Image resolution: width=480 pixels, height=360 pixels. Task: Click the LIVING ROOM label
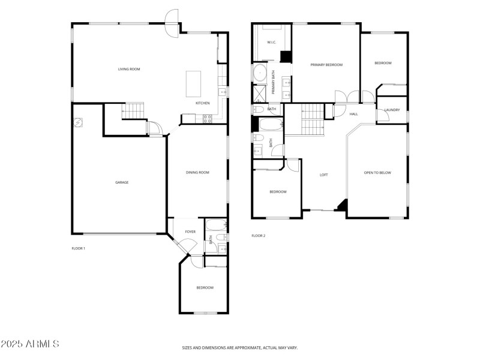[x=128, y=70]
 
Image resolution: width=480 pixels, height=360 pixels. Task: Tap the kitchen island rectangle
[x=194, y=83]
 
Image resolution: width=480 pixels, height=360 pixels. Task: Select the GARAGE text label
[x=122, y=182]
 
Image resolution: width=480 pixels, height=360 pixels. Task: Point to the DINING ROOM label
[x=197, y=173]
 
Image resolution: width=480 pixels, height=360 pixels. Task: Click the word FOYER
[x=190, y=232]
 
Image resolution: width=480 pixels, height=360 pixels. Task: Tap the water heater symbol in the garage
[x=78, y=123]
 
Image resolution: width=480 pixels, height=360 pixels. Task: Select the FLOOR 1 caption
[x=79, y=248]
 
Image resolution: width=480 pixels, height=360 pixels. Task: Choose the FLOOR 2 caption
[x=258, y=236]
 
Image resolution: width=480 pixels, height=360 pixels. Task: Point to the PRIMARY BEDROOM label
[x=326, y=64]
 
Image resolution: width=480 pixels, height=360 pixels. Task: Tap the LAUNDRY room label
[x=392, y=110]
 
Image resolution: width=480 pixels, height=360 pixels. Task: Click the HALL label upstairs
[x=353, y=114]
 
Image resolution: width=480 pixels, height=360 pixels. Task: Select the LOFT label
[x=323, y=175]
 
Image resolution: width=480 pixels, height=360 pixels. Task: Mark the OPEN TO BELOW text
[x=377, y=173]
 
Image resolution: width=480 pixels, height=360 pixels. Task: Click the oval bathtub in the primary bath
[x=260, y=74]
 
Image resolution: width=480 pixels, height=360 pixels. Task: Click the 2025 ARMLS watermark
[x=30, y=344]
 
